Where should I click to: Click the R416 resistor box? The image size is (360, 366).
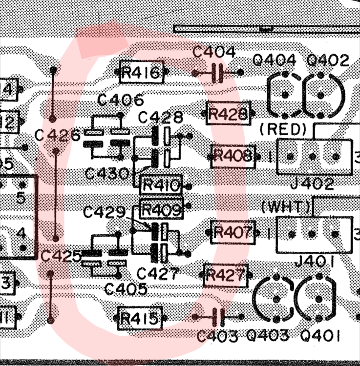click(141, 73)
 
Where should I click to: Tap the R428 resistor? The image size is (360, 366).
click(228, 114)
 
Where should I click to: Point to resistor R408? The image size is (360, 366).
click(233, 156)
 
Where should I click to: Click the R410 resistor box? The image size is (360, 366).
click(160, 185)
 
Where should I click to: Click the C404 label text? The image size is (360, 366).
click(214, 52)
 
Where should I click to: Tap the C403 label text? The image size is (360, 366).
click(218, 336)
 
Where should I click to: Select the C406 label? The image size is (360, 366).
click(121, 101)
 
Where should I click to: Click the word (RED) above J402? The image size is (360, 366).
click(284, 130)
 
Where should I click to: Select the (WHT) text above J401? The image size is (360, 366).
click(286, 206)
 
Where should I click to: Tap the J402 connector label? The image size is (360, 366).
click(312, 184)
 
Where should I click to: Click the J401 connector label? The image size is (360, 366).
click(312, 262)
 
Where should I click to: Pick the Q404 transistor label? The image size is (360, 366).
click(275, 61)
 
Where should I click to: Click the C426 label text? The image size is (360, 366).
click(58, 135)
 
